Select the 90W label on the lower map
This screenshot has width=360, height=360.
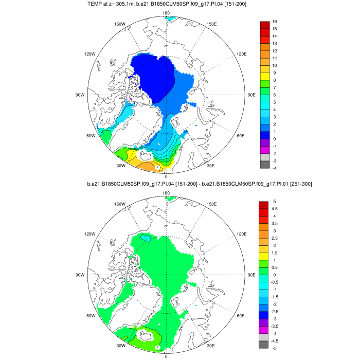[80, 275]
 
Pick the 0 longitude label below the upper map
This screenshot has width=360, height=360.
[166, 176]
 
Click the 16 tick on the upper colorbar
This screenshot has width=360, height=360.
[275, 22]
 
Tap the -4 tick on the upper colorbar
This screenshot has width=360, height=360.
[275, 168]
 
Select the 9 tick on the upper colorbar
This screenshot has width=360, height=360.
[275, 73]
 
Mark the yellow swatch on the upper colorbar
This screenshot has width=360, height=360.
[265, 77]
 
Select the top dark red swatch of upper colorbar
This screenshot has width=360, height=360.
[265, 25]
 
